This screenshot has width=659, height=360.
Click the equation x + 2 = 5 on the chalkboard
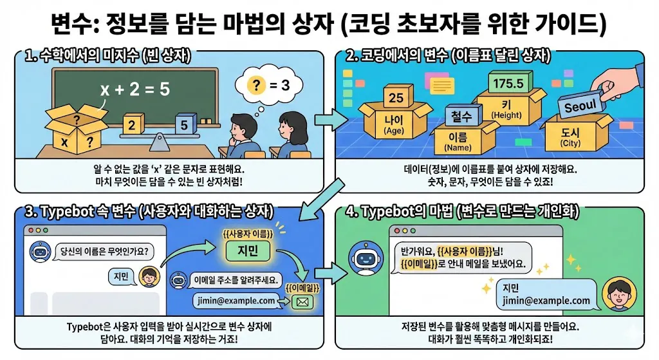pyautogui.click(x=135, y=90)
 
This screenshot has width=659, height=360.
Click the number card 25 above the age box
pyautogui.click(x=396, y=98)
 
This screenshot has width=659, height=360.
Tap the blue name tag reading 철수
pyautogui.click(x=458, y=117)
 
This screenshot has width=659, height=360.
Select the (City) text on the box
pyautogui.click(x=571, y=143)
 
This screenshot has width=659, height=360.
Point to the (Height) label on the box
pyautogui.click(x=506, y=115)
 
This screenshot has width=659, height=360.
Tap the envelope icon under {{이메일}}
pyautogui.click(x=302, y=299)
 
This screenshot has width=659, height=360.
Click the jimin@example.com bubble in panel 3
pyautogui.click(x=236, y=300)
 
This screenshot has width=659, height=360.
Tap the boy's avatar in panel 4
pyautogui.click(x=615, y=296)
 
